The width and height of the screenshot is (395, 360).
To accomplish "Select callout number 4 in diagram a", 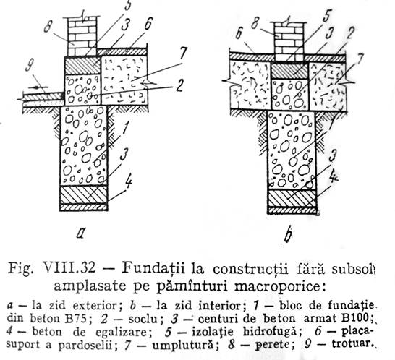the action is [x=128, y=181].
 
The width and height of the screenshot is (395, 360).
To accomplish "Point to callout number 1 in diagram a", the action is [x=126, y=127].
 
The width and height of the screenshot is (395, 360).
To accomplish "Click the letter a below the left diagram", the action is [x=80, y=233].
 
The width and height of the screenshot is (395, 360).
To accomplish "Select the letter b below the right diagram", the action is [x=287, y=234].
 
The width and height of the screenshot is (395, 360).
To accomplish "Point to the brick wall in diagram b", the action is [x=289, y=41].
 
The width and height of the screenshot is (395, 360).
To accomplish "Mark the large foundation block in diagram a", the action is [x=84, y=146].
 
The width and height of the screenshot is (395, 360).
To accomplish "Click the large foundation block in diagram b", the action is [x=292, y=150].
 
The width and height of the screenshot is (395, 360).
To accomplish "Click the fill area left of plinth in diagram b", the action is [x=250, y=85].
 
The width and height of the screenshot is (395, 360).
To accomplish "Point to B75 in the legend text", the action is [x=75, y=319].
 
